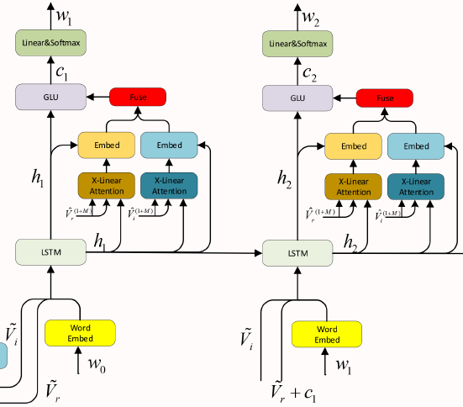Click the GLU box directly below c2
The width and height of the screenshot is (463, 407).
coord(297,98)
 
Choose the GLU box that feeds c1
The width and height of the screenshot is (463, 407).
coord(51,98)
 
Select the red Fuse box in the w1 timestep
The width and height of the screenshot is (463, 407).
coord(138,98)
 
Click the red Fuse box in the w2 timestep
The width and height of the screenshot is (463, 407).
coord(385,98)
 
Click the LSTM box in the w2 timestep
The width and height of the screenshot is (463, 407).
coord(297,252)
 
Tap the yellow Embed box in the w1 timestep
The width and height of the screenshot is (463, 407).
coord(107,145)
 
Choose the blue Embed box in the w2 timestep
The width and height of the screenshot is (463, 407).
coord(416,145)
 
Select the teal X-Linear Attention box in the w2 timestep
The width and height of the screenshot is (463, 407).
coord(416,186)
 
